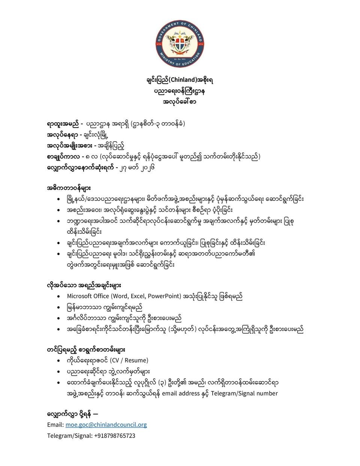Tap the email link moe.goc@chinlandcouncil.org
pyautogui.click(x=106, y=425)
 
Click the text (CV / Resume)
pyautogui.click(x=129, y=360)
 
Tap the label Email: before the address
pyautogui.click(x=55, y=425)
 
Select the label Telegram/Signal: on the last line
pyautogui.click(x=70, y=436)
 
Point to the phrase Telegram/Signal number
pyautogui.click(x=244, y=393)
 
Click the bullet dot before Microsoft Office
pyautogui.click(x=58, y=296)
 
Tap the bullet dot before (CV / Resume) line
pyautogui.click(x=58, y=361)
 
